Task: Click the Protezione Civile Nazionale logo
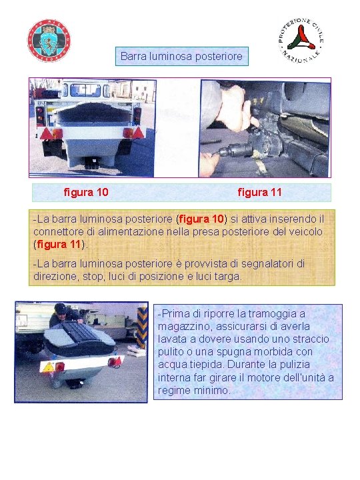click(x=301, y=41)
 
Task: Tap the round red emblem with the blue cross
click(x=49, y=41)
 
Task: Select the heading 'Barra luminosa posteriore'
click(x=181, y=56)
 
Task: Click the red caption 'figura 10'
click(x=86, y=192)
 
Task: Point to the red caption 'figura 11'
click(x=259, y=192)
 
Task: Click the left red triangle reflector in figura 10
click(x=46, y=134)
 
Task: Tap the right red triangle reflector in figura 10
click(x=139, y=133)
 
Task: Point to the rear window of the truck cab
click(x=85, y=91)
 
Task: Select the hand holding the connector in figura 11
click(x=235, y=108)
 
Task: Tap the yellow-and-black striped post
click(x=141, y=327)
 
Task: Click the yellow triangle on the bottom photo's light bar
click(x=48, y=367)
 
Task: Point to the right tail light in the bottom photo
click(x=115, y=362)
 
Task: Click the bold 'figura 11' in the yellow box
click(x=59, y=245)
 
